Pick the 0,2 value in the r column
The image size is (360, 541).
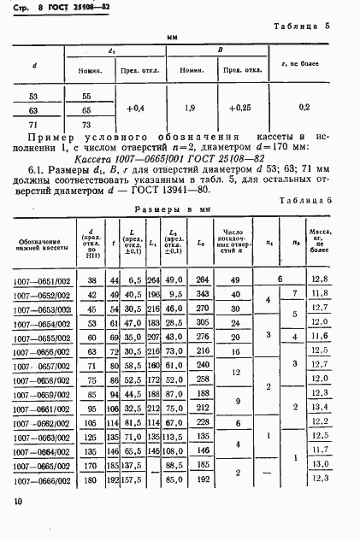tap(304, 109)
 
